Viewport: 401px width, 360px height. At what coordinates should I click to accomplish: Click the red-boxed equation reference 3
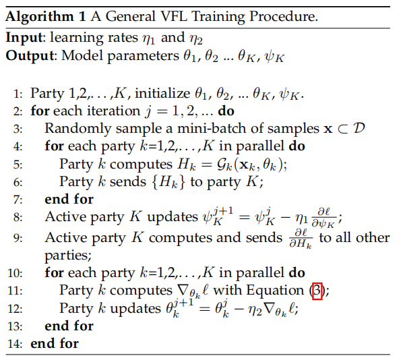click(x=317, y=291)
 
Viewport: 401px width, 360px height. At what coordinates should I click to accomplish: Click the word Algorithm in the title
click(x=40, y=17)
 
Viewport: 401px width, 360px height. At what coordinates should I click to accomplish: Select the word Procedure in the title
click(x=283, y=16)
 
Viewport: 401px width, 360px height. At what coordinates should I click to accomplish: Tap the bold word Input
click(x=24, y=38)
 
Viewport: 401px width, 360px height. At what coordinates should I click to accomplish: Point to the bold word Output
click(x=30, y=55)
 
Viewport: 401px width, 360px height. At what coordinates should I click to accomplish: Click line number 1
click(x=18, y=94)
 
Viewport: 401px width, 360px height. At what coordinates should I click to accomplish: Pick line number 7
click(x=18, y=200)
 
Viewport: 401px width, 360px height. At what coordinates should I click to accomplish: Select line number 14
click(x=15, y=344)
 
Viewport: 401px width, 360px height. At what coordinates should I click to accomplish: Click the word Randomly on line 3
click(x=78, y=129)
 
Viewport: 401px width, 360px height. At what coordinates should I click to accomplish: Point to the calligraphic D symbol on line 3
click(x=359, y=128)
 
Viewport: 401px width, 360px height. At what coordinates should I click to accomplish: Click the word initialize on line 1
click(x=162, y=93)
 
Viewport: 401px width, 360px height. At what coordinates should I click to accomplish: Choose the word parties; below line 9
click(x=68, y=256)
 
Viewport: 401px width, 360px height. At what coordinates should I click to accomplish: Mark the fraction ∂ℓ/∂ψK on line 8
click(x=323, y=218)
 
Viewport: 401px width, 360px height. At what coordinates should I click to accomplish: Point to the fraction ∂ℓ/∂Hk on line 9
click(x=301, y=239)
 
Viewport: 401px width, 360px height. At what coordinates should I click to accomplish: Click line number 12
click(x=15, y=309)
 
